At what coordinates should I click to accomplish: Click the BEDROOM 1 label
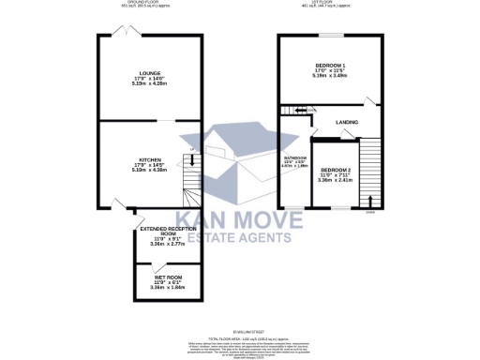[x=330, y=64]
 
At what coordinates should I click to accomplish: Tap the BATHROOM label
[x=296, y=158]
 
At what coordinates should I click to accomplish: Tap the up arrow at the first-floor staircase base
[x=373, y=200]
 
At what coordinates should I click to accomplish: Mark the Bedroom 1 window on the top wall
[x=329, y=36]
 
